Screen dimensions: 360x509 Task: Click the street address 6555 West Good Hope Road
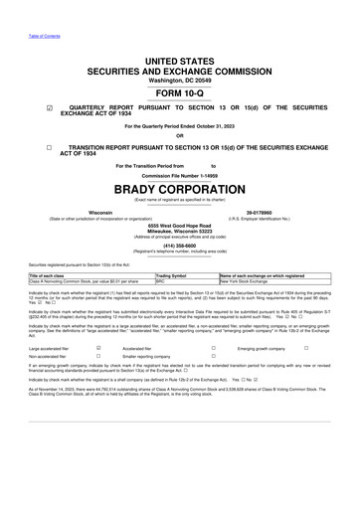(179, 226)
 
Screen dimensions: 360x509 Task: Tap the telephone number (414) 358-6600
(179, 247)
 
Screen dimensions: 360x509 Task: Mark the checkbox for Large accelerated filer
(98, 349)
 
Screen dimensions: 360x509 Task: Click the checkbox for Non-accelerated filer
(98, 359)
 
